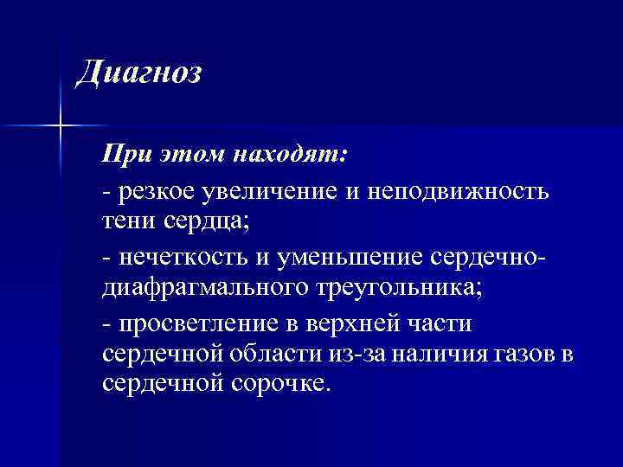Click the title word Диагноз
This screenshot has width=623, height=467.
pos(138,72)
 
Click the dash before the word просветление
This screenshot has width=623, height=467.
pos(106,324)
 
